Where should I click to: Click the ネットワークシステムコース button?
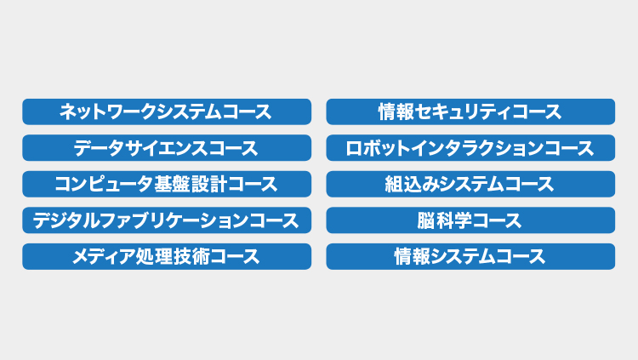[x=167, y=111]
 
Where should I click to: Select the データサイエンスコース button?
[x=167, y=148]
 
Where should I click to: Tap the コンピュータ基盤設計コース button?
[x=167, y=184]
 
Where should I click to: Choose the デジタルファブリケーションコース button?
[x=167, y=220]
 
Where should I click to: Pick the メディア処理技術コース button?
[x=167, y=256]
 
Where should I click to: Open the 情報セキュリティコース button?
[x=470, y=111]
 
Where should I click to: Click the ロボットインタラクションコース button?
[x=470, y=148]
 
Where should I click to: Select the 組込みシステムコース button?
[x=470, y=184]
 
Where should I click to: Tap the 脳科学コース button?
[x=470, y=220]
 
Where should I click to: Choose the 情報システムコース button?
[x=470, y=256]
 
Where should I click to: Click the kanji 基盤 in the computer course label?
[x=171, y=184]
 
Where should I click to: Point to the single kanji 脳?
[x=426, y=220]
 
